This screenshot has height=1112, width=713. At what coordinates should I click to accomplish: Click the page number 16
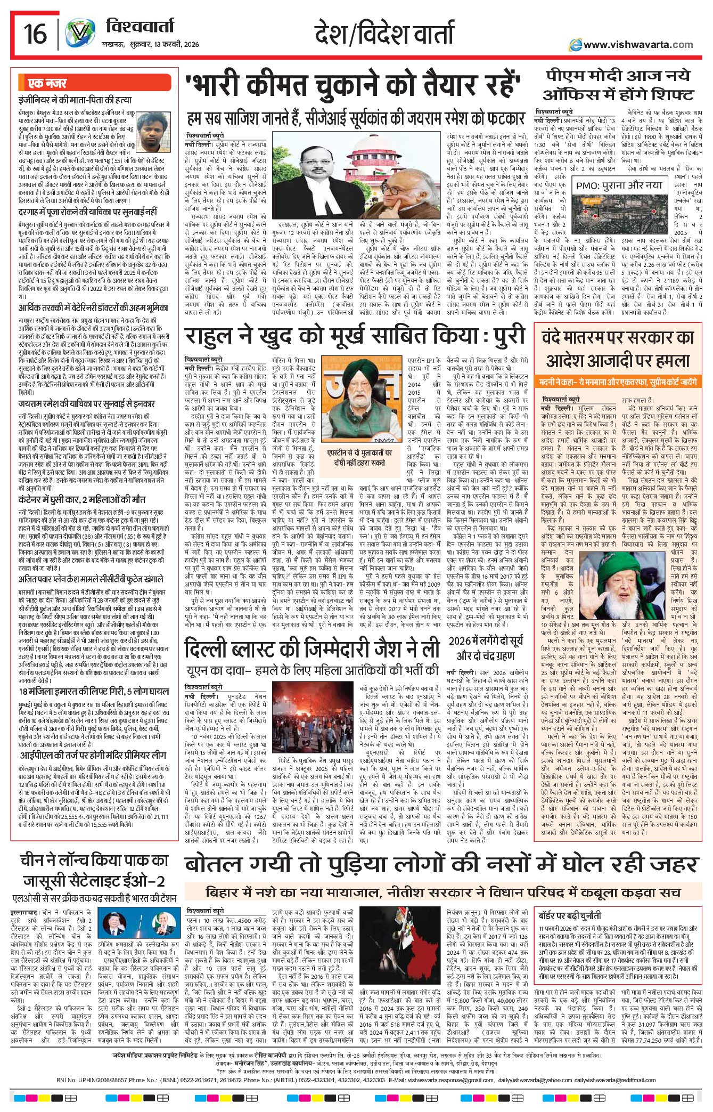35,34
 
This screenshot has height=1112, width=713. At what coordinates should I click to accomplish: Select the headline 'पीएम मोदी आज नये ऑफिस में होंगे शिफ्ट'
618,85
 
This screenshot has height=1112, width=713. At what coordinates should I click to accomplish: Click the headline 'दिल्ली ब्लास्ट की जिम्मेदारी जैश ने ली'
312,649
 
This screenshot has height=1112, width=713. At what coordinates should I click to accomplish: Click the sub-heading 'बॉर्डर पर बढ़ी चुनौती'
570,915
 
